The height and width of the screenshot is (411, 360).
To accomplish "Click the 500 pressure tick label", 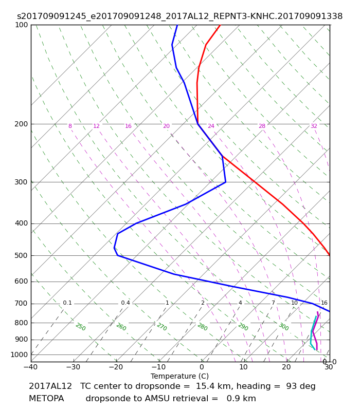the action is (x=21, y=255).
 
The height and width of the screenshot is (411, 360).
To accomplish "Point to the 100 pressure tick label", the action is (x=21, y=25).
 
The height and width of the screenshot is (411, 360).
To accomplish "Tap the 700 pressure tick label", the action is (x=21, y=304).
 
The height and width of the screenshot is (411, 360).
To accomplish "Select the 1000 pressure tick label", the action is (x=19, y=354).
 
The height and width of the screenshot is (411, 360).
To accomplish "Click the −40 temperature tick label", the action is (x=31, y=367).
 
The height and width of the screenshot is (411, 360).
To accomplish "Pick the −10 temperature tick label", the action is (x=158, y=367).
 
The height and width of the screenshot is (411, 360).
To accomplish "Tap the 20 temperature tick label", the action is (x=286, y=367).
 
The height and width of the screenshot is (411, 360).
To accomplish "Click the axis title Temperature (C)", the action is (x=179, y=376).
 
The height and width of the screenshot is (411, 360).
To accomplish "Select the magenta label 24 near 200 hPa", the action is (x=211, y=126).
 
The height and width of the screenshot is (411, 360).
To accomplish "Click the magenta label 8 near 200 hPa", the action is (x=70, y=126).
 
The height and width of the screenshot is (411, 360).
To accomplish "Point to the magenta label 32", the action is (x=314, y=126).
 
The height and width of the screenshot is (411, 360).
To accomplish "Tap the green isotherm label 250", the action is (x=81, y=327).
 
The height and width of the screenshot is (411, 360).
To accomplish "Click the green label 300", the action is (x=284, y=327).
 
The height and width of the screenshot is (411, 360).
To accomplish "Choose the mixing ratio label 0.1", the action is (x=67, y=303).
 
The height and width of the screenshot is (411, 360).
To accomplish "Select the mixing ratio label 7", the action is (x=273, y=303).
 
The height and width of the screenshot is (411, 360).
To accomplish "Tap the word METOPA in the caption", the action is (x=46, y=399).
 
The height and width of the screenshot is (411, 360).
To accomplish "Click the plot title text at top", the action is (x=179, y=16).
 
